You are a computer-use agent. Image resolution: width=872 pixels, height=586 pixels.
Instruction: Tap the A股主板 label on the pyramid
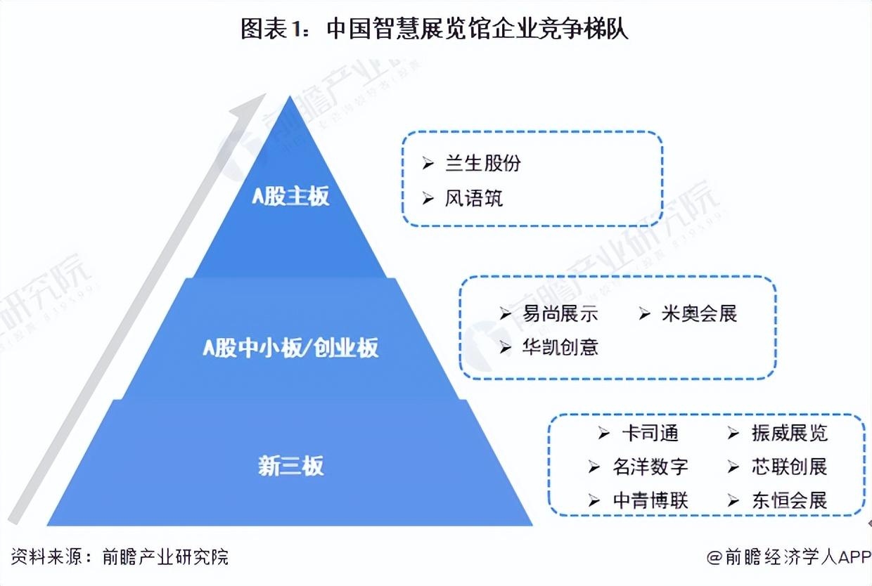[290, 196]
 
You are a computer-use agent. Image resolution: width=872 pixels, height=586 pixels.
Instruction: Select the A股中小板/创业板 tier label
[290, 348]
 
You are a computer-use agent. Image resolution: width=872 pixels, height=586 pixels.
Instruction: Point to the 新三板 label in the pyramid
[290, 466]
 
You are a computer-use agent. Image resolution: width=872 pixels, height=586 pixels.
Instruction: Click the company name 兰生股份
[483, 164]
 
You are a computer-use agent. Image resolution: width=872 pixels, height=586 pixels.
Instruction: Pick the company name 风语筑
[474, 199]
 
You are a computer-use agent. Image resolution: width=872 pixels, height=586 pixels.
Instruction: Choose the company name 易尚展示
[560, 313]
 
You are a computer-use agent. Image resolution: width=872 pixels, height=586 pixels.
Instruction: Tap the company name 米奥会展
[699, 313]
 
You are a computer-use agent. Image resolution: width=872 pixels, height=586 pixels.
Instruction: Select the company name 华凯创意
[560, 347]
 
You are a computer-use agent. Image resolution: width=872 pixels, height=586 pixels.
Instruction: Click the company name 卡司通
[650, 434]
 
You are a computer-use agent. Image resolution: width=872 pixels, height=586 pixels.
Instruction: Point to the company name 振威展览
[789, 434]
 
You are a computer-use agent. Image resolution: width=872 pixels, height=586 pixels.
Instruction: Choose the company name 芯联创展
[789, 467]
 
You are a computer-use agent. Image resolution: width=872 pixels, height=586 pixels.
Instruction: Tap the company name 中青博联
[650, 500]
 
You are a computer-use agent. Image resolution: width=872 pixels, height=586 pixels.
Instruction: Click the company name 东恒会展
[789, 500]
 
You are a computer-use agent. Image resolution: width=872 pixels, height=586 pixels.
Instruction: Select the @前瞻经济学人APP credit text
[788, 557]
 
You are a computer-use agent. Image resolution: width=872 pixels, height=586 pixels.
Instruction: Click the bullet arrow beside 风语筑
[428, 200]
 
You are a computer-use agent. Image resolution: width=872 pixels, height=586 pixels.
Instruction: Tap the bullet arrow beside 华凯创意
[505, 348]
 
